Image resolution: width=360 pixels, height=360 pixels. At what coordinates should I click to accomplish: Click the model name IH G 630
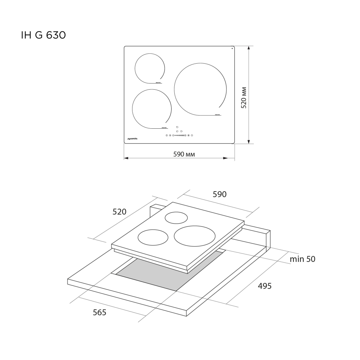coord(43,36)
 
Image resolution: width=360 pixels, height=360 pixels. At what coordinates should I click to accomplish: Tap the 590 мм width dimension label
coord(184,154)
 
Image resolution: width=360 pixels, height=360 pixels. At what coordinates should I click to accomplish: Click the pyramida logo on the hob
coord(132,139)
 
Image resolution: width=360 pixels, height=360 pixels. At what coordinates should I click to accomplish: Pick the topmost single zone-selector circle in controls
coord(177,127)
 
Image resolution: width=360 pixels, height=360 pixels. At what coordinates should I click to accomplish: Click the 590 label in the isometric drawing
coord(220,194)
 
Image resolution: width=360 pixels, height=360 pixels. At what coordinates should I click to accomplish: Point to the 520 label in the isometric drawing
coord(119,212)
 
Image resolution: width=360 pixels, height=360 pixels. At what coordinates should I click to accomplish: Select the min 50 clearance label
coord(302,259)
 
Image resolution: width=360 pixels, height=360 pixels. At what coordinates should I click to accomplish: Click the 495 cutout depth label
coord(265,286)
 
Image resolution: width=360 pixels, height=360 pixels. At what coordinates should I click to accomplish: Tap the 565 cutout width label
coord(99,312)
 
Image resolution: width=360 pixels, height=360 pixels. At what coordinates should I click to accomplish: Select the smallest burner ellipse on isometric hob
coord(176,218)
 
